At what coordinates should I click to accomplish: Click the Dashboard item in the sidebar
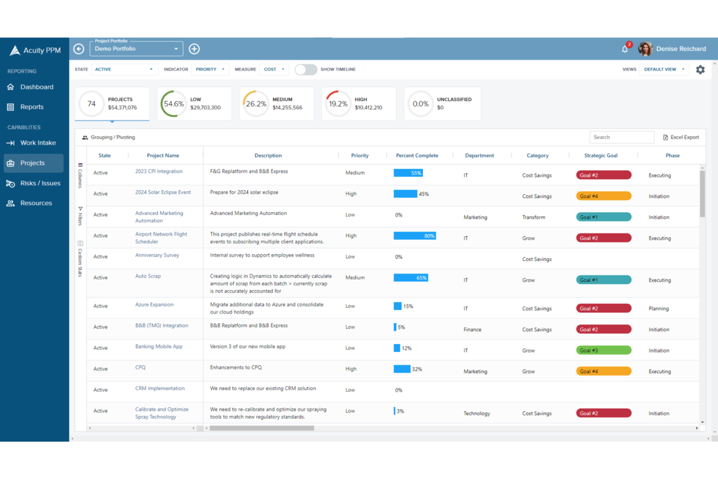click(x=36, y=87)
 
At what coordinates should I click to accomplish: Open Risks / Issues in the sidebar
click(x=40, y=183)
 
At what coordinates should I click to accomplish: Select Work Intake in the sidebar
click(x=38, y=143)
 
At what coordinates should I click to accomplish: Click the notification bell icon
click(x=625, y=49)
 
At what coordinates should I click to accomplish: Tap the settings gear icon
click(x=700, y=70)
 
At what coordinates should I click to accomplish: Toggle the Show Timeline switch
click(x=306, y=69)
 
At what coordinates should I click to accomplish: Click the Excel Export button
click(x=681, y=137)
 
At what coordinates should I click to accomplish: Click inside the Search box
click(x=621, y=137)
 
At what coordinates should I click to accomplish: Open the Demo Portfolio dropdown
click(x=136, y=49)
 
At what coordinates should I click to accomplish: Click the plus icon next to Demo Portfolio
click(x=194, y=49)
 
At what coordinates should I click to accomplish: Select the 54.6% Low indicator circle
click(x=174, y=104)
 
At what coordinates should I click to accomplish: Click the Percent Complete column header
click(x=417, y=156)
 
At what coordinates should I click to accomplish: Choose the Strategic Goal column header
click(x=601, y=156)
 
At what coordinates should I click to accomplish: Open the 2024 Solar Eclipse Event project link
click(x=163, y=193)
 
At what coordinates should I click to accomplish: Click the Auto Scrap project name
click(x=148, y=276)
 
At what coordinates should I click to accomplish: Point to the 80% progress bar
click(x=414, y=236)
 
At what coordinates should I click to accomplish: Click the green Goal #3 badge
click(x=603, y=350)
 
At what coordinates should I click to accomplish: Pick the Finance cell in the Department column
click(x=472, y=330)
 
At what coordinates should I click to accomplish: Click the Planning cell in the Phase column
click(x=658, y=309)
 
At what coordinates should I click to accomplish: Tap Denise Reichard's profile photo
click(x=645, y=49)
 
